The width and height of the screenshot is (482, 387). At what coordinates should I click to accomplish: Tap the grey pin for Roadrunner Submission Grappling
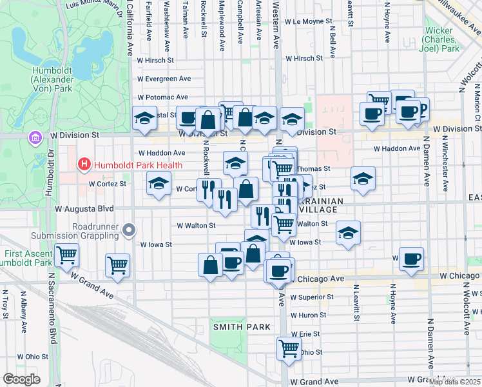130,230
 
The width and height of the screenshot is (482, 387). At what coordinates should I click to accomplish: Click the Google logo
21,379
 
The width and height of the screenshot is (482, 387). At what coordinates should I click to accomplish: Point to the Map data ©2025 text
454,382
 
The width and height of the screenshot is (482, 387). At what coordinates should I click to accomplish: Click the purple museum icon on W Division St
35,137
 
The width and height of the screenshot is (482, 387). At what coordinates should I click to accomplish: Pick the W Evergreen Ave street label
164,79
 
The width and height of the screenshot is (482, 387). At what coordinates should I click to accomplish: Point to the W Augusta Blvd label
84,209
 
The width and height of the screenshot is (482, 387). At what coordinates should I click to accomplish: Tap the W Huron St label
309,315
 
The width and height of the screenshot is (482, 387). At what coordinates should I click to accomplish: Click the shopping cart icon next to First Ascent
66,255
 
